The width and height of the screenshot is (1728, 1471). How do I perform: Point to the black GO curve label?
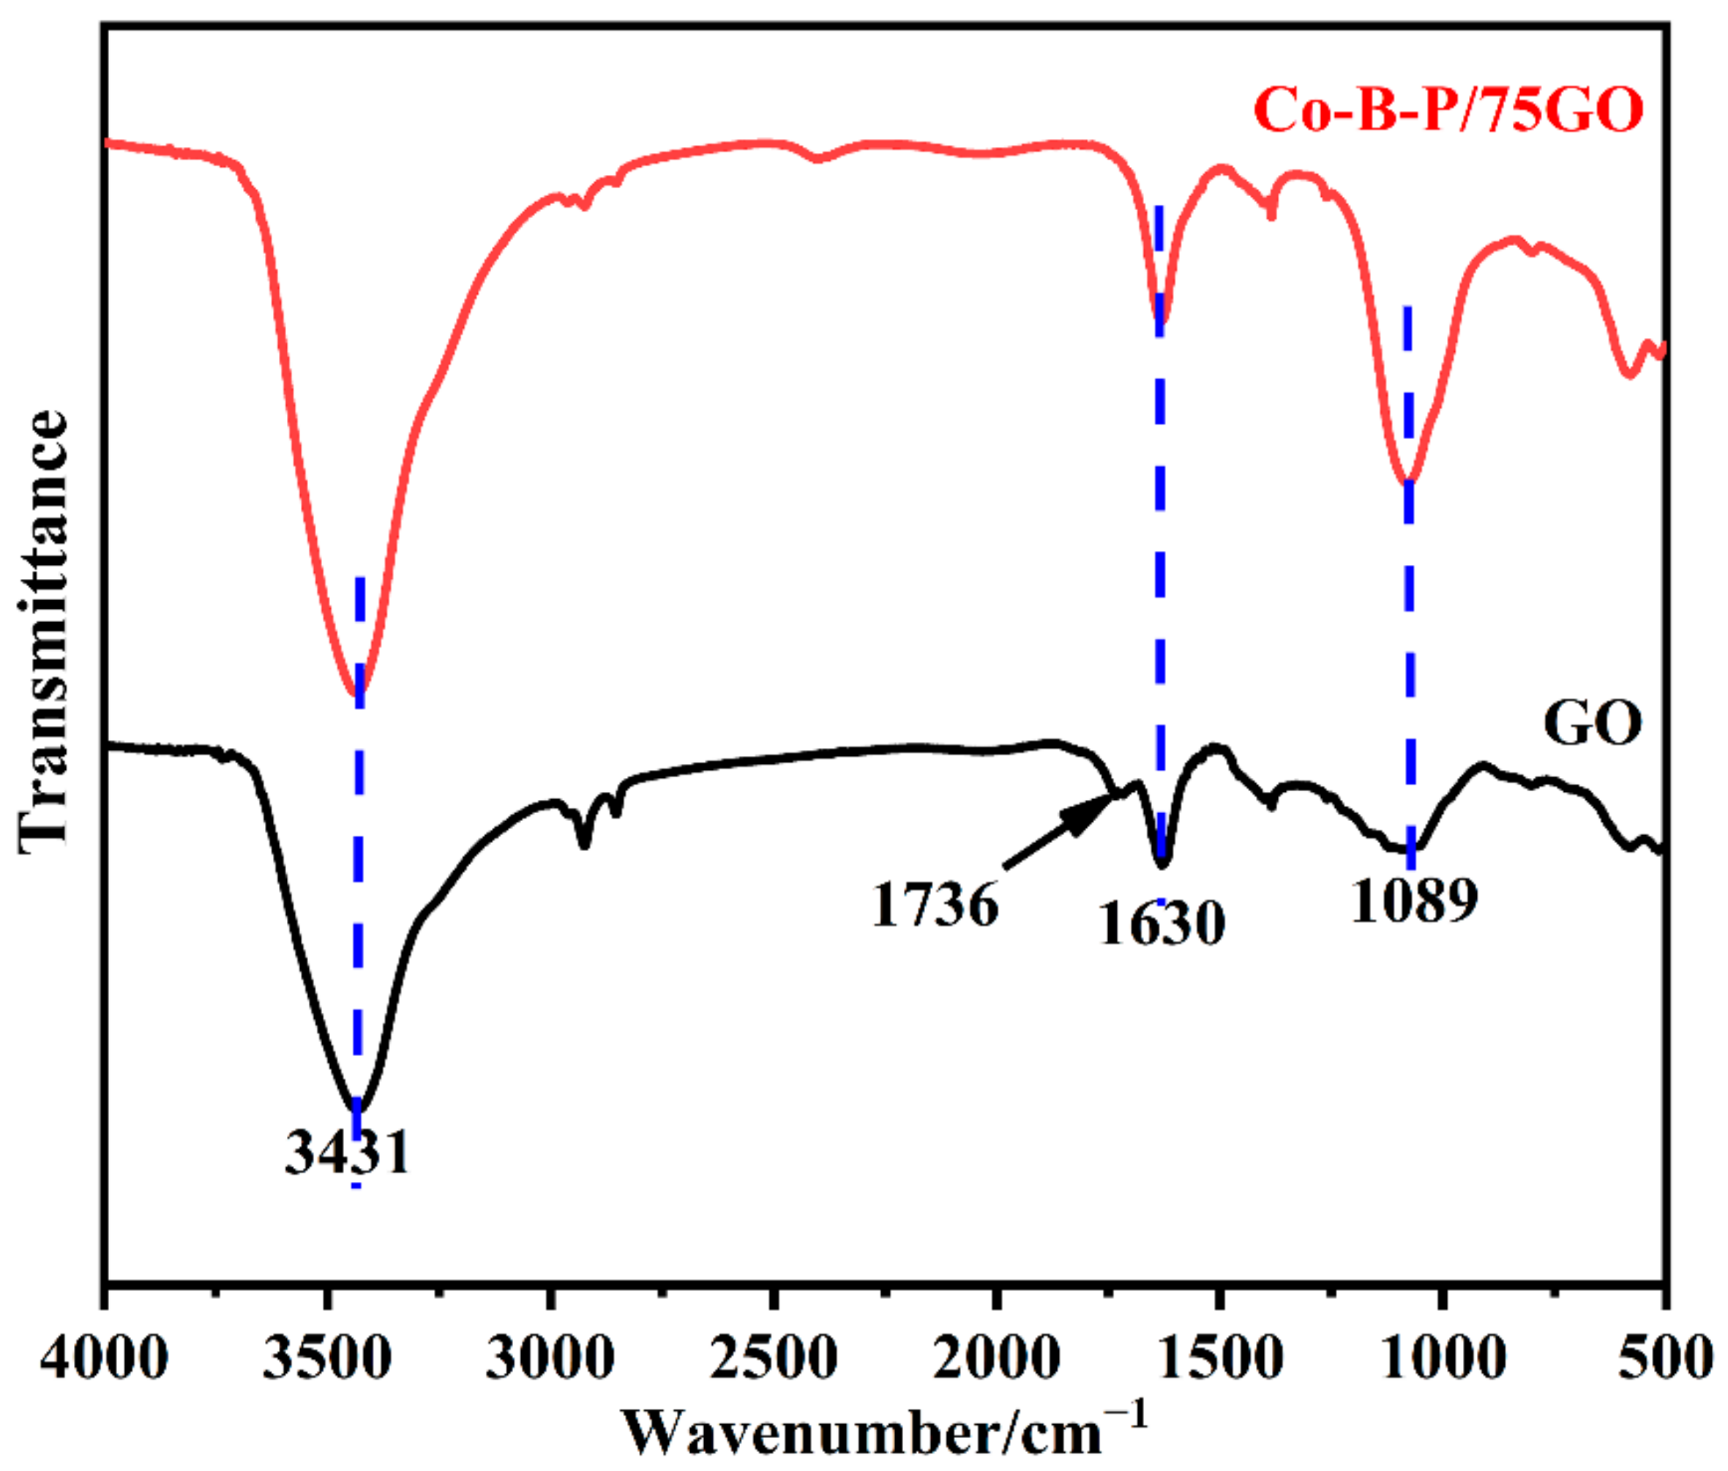click(1592, 724)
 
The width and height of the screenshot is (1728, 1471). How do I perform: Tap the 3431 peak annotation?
click(348, 1153)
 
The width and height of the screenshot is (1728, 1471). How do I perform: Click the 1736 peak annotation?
click(935, 905)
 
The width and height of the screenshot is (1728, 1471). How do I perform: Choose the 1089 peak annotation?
click(1415, 901)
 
